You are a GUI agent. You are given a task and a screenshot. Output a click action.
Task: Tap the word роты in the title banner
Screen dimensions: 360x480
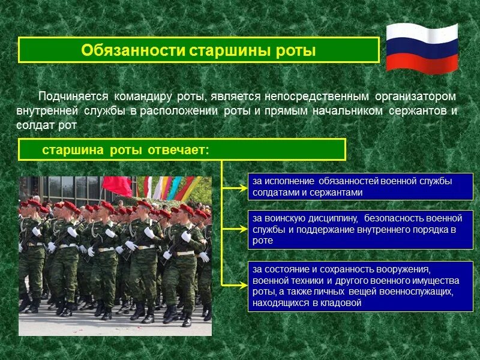pos(296,50)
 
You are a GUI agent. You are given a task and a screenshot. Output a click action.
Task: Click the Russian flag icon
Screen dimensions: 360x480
pos(422,48)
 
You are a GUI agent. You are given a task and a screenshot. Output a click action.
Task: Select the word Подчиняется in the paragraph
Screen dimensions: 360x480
pos(73,97)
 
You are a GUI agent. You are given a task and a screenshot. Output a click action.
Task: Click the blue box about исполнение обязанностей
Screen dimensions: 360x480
pos(360,187)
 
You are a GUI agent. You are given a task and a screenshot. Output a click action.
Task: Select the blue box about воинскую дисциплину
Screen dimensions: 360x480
pos(360,229)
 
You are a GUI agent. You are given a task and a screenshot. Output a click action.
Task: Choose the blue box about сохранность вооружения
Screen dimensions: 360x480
pos(360,286)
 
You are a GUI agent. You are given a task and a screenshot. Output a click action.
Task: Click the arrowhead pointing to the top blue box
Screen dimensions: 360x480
pos(242,187)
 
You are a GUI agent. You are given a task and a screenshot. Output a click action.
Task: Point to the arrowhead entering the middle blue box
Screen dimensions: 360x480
pos(242,229)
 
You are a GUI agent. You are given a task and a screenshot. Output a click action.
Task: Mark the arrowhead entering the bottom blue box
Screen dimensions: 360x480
pos(242,286)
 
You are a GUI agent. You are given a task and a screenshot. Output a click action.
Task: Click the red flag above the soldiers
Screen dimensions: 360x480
pos(118,186)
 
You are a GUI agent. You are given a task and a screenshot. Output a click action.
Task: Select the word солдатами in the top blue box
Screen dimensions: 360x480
pos(274,193)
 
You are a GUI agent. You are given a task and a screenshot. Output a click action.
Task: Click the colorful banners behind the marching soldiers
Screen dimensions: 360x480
pos(171,188)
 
